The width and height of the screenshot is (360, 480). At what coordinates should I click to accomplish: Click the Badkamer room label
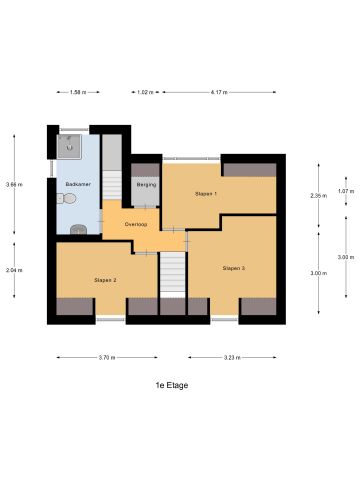77,185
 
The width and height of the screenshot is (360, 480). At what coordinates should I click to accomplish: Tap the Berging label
145,185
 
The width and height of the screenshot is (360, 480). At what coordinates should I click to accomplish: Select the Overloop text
136,224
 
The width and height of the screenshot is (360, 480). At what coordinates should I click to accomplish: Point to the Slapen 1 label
206,193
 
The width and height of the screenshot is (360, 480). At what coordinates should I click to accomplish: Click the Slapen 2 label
106,280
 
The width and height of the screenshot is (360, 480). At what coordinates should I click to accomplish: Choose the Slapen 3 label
234,268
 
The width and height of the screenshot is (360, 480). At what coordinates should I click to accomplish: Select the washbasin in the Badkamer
80,229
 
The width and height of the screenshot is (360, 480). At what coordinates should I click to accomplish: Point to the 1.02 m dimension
145,92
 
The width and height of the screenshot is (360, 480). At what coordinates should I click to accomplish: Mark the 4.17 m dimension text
219,92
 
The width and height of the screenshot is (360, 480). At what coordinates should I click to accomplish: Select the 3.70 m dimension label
106,358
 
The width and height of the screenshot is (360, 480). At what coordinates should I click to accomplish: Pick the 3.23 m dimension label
232,358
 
